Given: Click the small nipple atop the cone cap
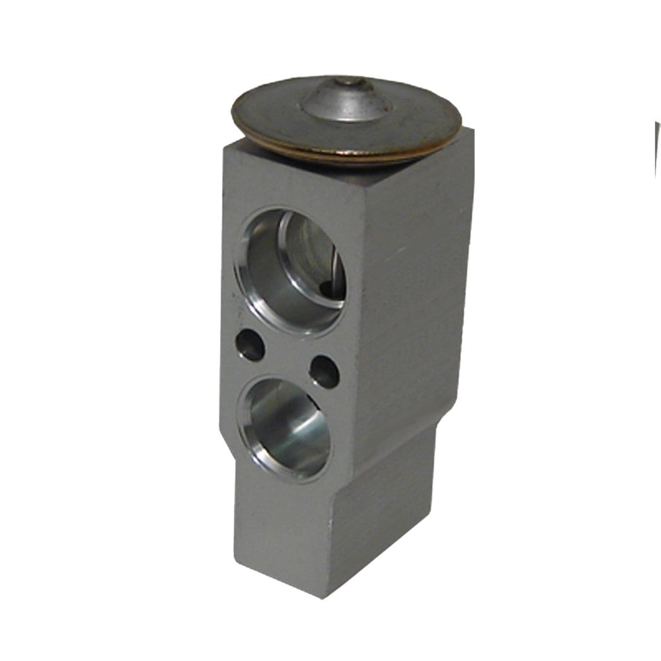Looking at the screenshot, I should pos(345,82).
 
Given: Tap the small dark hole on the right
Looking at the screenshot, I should pos(325,371).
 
